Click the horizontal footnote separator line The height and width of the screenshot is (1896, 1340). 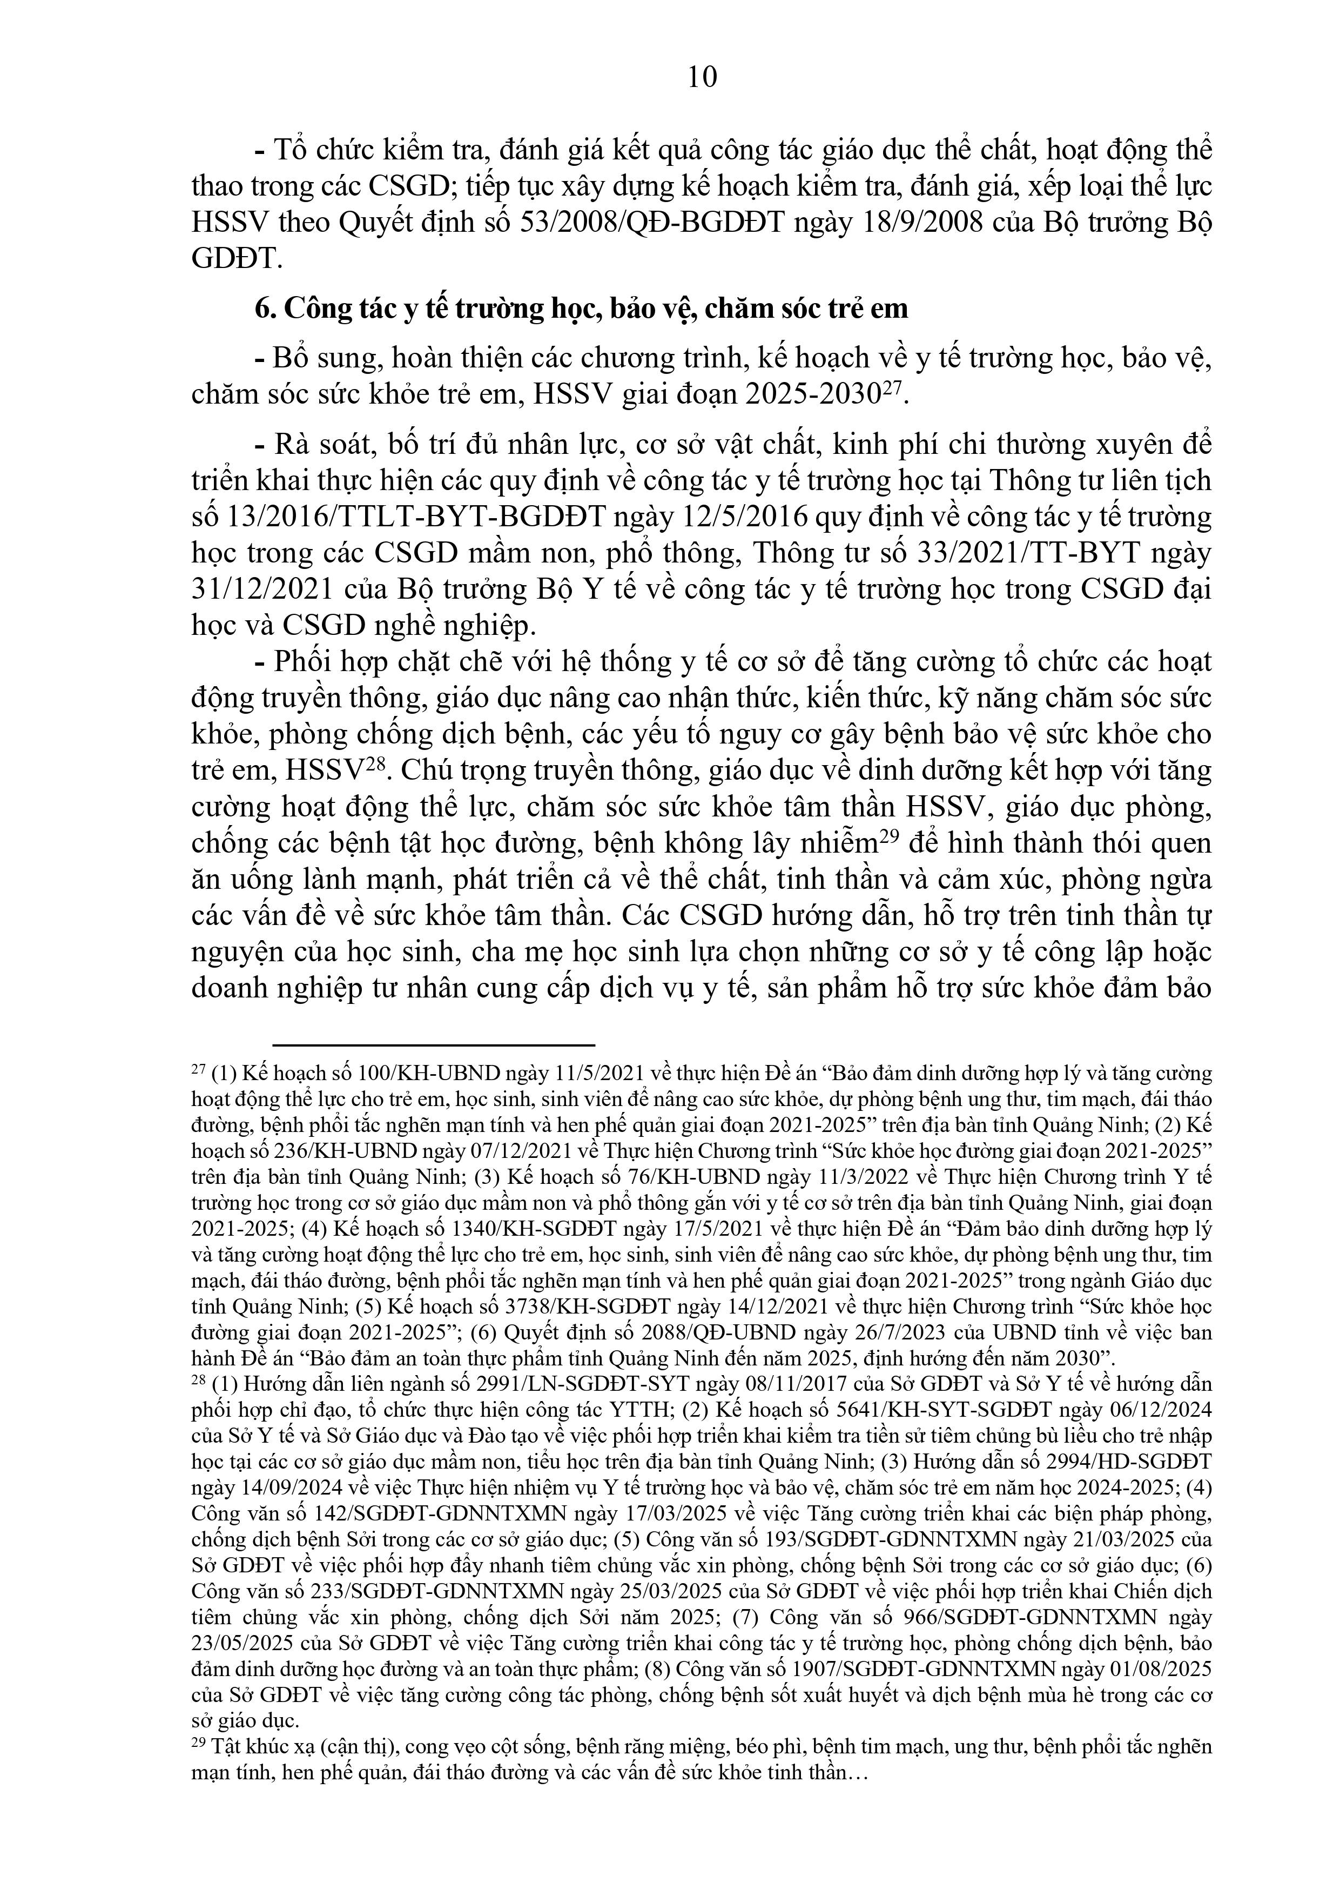point(434,1046)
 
